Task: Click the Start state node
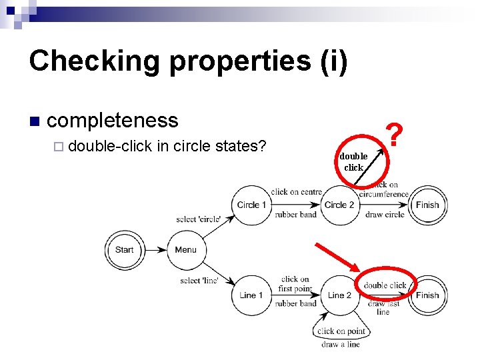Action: pyautogui.click(x=124, y=250)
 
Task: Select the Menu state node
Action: pyautogui.click(x=185, y=250)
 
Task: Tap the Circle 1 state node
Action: pyautogui.click(x=251, y=205)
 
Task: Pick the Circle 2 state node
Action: pyautogui.click(x=339, y=205)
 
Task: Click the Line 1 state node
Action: pyautogui.click(x=251, y=295)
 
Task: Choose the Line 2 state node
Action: pyautogui.click(x=339, y=295)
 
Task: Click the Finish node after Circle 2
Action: pyautogui.click(x=427, y=205)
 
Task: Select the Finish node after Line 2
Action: pyautogui.click(x=427, y=295)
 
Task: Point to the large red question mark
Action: pyautogui.click(x=395, y=135)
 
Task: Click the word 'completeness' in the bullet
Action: pyautogui.click(x=113, y=120)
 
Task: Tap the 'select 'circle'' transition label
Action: pyautogui.click(x=199, y=219)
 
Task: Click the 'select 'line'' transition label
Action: pyautogui.click(x=199, y=281)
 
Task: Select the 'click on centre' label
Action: pyautogui.click(x=296, y=192)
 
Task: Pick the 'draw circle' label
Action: pyautogui.click(x=385, y=215)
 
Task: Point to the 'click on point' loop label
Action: pyautogui.click(x=341, y=331)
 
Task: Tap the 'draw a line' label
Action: pyautogui.click(x=341, y=344)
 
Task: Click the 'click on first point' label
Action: pyautogui.click(x=295, y=284)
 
